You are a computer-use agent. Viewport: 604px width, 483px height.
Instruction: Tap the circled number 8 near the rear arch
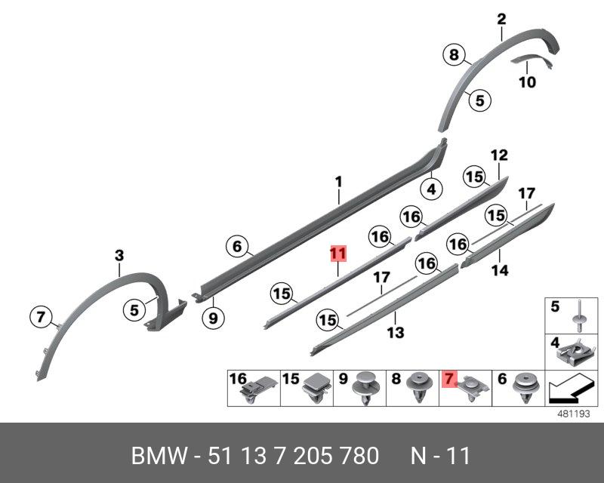pyautogui.click(x=453, y=54)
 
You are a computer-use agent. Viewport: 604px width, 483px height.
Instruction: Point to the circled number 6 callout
pyautogui.click(x=236, y=246)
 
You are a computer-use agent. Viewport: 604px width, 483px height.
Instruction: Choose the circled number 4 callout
pyautogui.click(x=431, y=189)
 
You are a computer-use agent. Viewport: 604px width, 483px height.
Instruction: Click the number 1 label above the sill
pyautogui.click(x=339, y=182)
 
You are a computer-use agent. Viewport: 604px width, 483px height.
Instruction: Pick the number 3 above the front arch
pyautogui.click(x=119, y=257)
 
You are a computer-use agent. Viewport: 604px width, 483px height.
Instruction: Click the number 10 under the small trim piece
pyautogui.click(x=527, y=82)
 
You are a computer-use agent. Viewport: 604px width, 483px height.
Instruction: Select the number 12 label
pyautogui.click(x=499, y=155)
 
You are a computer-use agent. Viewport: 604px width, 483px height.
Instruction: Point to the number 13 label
pyautogui.click(x=396, y=332)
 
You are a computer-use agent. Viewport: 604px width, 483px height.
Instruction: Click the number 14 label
pyautogui.click(x=500, y=270)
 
